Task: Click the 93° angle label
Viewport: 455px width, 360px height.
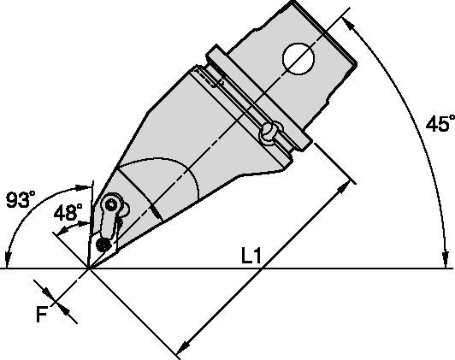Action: point(21,199)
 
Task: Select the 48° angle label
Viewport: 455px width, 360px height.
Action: point(68,212)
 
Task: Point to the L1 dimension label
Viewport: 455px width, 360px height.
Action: point(251,257)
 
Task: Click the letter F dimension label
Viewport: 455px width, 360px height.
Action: point(42,315)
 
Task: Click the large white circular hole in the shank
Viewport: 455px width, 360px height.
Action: point(298,59)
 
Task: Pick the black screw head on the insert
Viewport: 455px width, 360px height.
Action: point(103,245)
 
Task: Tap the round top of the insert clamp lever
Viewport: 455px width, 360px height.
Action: point(111,204)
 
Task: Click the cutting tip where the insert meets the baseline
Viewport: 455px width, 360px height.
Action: point(89,269)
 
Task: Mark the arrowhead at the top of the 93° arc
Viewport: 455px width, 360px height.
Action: point(83,187)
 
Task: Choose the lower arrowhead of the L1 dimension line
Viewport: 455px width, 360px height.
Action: point(183,346)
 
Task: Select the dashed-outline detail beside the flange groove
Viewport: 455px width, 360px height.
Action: point(210,77)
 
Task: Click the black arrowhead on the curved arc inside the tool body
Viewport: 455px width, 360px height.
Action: point(156,212)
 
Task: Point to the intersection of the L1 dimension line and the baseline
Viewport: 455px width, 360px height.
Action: point(262,269)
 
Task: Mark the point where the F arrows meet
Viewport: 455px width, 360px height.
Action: point(55,303)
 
